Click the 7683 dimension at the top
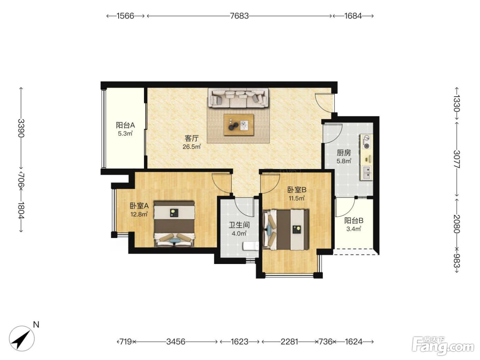click(x=239, y=16)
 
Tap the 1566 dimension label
click(x=125, y=16)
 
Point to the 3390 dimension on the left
click(x=21, y=128)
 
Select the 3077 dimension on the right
click(x=457, y=159)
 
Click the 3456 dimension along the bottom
click(x=176, y=341)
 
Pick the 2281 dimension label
click(x=289, y=341)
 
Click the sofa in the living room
click(x=238, y=98)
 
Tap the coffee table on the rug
click(x=239, y=125)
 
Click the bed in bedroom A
click(x=174, y=224)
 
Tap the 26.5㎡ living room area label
click(x=192, y=147)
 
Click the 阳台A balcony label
click(x=125, y=125)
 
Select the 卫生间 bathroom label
click(x=239, y=225)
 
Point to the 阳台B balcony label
click(x=353, y=220)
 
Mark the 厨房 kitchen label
click(x=344, y=153)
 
